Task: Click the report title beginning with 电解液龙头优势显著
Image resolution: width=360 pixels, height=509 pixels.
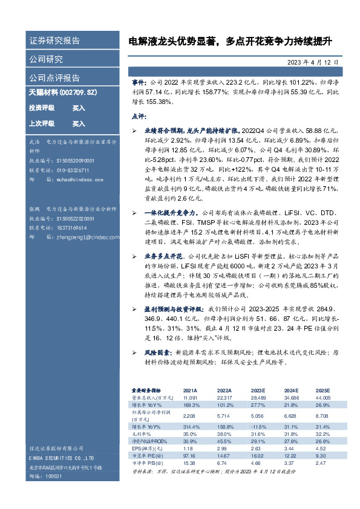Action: (229, 42)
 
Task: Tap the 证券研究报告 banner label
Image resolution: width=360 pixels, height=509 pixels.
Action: (54, 42)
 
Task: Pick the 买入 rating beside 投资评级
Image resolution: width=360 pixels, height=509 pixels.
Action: (79, 108)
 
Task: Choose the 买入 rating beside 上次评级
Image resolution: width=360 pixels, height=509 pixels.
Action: (79, 123)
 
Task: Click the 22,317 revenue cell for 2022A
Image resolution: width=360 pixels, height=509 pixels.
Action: (224, 397)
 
